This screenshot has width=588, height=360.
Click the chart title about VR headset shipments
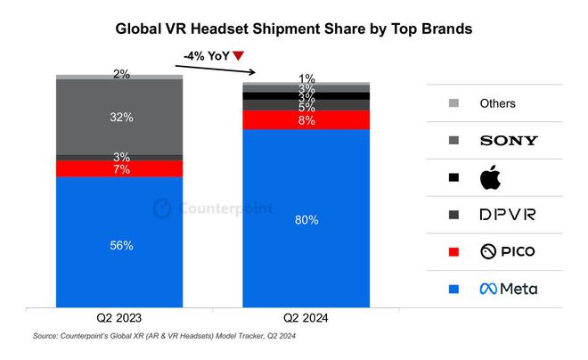pos(294,29)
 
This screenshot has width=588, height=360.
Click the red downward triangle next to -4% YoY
pos(238,56)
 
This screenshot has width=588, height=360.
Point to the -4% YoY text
pos(206,56)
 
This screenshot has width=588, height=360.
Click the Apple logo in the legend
pos(491,177)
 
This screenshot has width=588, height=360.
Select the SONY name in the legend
pos(508,140)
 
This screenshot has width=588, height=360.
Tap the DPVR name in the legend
pos(507,215)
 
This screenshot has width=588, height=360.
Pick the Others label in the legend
pos(497,103)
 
